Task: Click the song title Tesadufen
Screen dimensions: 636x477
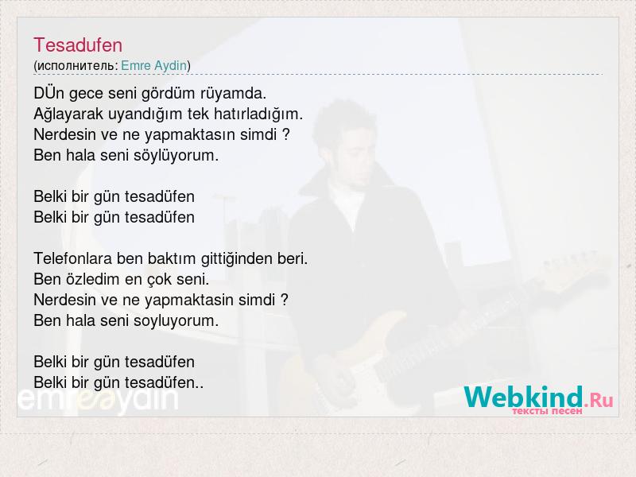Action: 78,45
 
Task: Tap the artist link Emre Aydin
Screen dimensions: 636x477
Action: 154,65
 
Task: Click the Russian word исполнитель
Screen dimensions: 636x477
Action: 76,66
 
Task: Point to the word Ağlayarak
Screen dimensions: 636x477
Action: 68,114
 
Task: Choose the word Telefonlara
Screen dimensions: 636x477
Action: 73,258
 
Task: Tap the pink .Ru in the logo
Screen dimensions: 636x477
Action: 599,401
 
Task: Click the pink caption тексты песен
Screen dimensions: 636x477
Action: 547,411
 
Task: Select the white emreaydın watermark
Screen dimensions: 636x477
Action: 98,400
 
